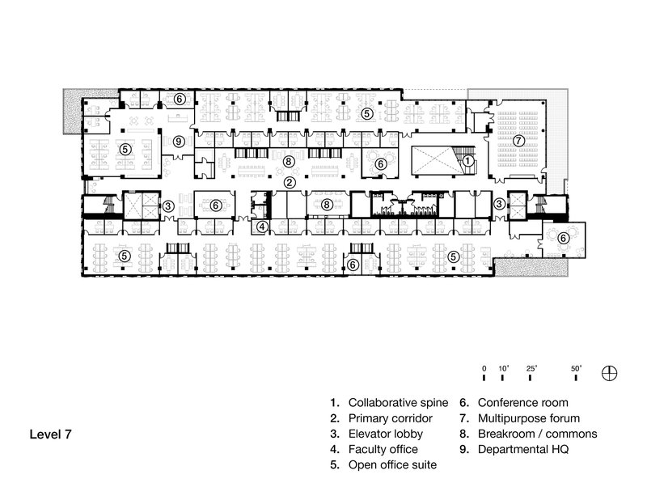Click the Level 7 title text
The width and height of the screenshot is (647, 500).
pos(51,434)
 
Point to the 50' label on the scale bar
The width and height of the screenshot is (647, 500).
pos(577,368)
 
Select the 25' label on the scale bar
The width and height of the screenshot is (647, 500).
pos(532,368)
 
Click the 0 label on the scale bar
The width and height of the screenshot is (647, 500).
pos(484,368)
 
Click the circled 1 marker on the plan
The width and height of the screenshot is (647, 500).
pos(468,161)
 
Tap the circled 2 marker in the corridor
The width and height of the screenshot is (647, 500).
pos(287,182)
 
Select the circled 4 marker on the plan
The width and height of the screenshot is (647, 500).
pos(262,227)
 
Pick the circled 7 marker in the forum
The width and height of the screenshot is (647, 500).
pos(518,140)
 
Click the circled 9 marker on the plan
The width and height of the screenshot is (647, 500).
pos(180,141)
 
